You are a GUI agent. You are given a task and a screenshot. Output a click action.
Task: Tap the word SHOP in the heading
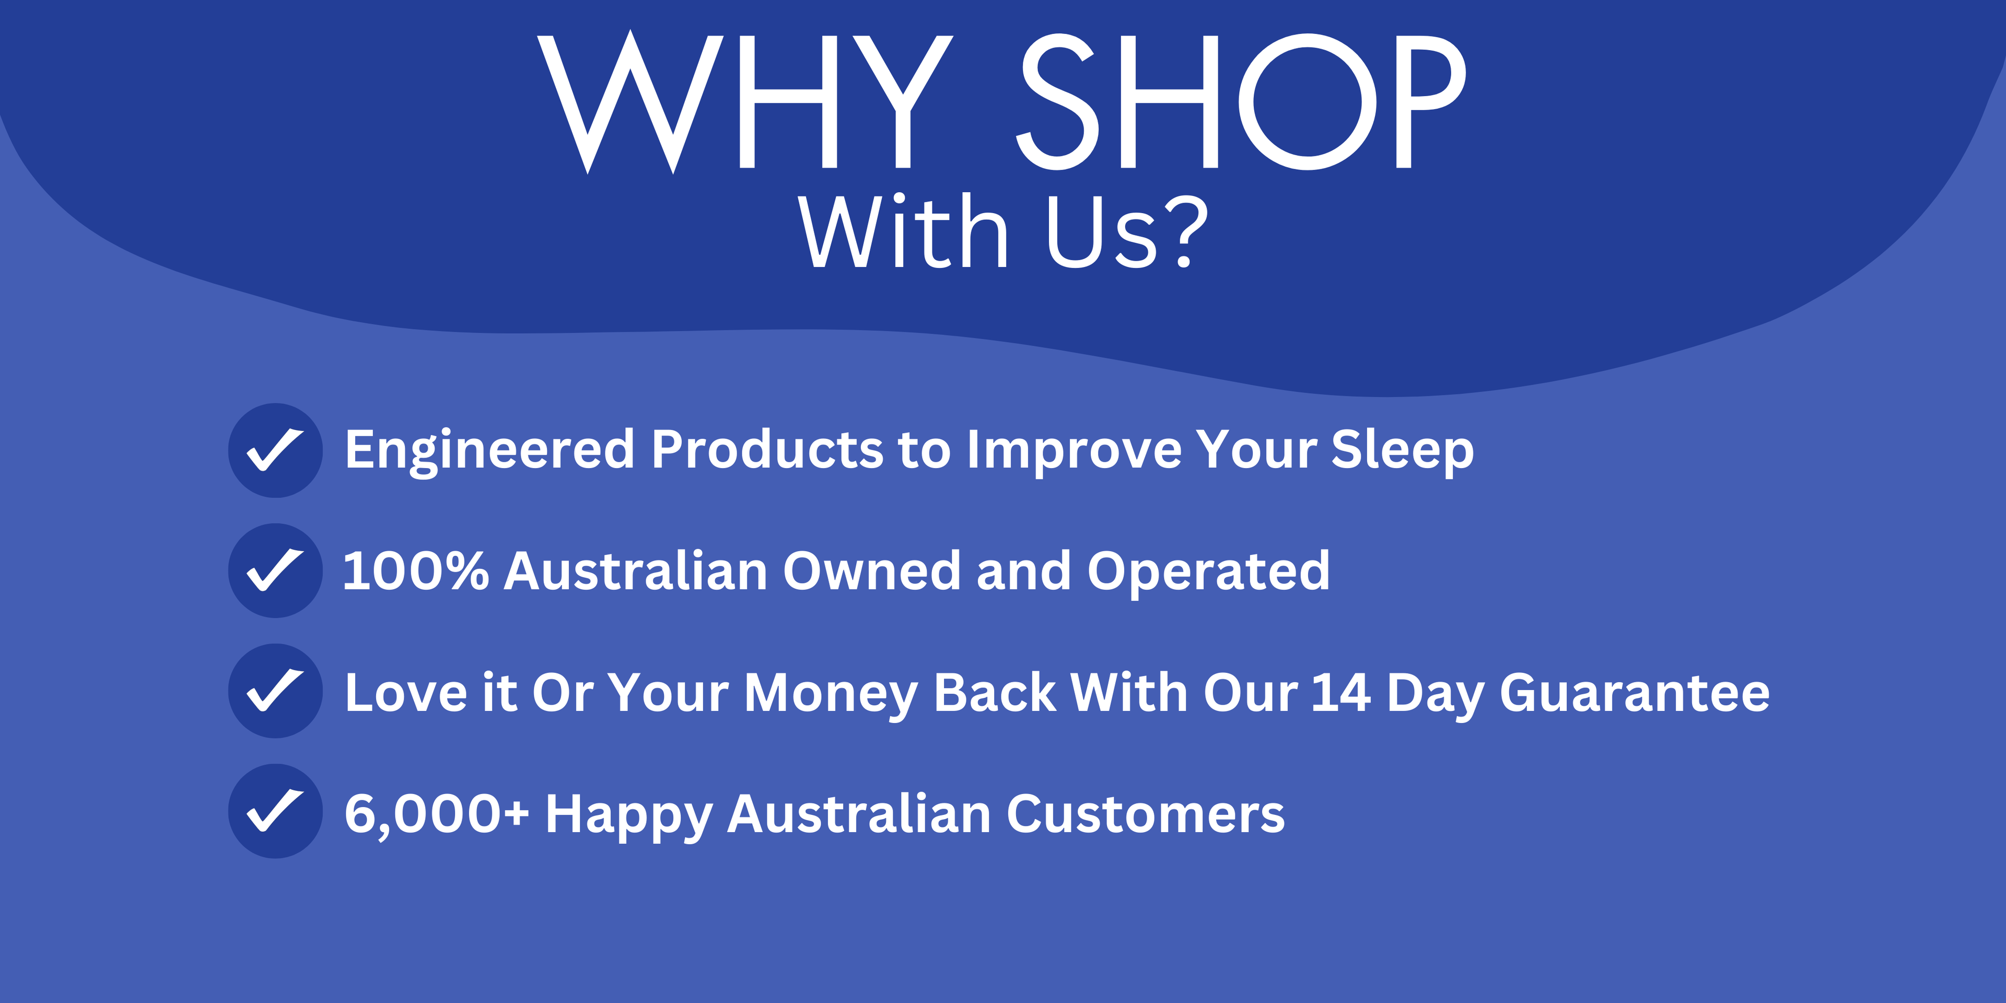point(1241,102)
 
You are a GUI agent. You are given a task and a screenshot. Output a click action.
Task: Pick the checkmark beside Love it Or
point(275,691)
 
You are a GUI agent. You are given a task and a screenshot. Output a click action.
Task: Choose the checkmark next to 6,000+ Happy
point(275,811)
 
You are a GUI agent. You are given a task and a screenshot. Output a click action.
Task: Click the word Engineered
point(490,452)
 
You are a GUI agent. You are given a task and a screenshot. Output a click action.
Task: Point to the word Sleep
point(1403,452)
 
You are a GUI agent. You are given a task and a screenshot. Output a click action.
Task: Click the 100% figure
point(416,571)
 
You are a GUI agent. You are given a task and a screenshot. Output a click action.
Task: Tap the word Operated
point(1209,573)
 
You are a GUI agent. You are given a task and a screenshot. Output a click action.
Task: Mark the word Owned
point(872,571)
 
